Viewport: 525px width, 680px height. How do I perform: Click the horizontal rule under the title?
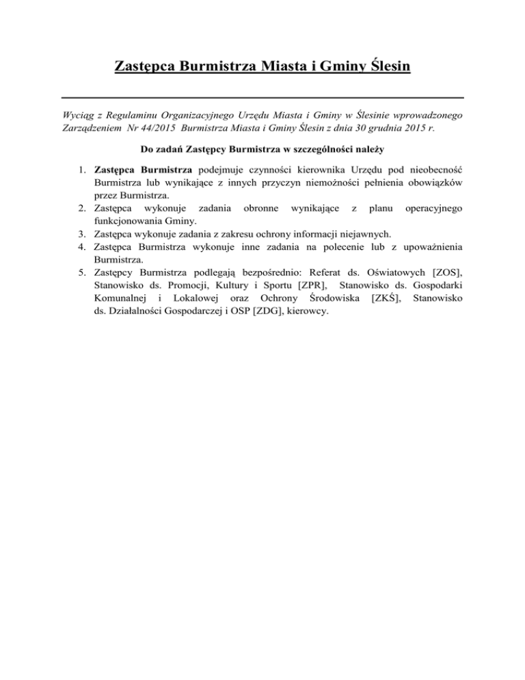point(262,97)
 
